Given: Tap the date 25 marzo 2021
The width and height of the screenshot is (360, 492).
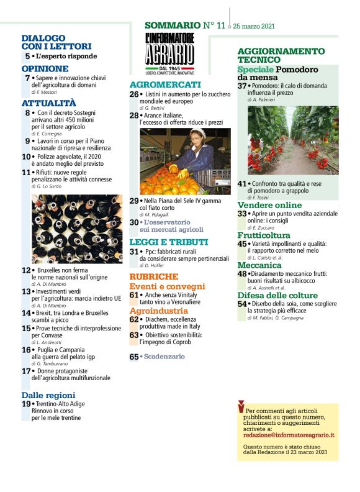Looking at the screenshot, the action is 253,27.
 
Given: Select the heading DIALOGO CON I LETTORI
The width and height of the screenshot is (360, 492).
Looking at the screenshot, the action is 56,42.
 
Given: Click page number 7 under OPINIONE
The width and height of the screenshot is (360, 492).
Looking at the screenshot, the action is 27,78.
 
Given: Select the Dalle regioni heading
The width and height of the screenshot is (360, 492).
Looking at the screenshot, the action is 48,394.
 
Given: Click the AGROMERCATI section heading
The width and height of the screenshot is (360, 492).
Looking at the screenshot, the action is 165,84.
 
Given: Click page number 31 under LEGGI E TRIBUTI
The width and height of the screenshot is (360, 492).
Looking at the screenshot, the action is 134,252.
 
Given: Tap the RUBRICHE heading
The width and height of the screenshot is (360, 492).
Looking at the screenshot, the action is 154,276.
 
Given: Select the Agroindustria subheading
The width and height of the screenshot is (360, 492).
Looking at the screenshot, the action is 158,310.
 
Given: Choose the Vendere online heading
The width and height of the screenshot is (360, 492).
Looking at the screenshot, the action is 269,204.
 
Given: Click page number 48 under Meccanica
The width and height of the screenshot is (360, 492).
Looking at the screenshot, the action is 242,273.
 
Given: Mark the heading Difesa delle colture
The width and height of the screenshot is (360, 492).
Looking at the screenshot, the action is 277,295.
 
